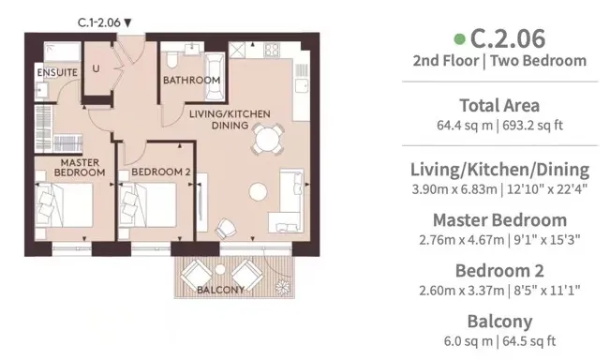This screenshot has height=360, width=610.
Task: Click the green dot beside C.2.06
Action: pyautogui.click(x=459, y=39)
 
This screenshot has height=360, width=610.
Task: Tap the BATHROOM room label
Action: pyautogui.click(x=191, y=81)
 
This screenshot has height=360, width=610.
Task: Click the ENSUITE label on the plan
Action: pyautogui.click(x=57, y=72)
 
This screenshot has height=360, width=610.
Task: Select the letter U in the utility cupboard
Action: pyautogui.click(x=96, y=68)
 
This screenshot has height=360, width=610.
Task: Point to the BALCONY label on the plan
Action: pyautogui.click(x=220, y=290)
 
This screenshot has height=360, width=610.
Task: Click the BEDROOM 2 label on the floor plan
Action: pyautogui.click(x=160, y=172)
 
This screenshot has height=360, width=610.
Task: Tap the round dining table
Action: pyautogui.click(x=267, y=139)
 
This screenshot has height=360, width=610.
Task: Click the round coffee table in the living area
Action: pyautogui.click(x=258, y=192)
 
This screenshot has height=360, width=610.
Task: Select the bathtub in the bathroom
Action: pyautogui.click(x=215, y=77)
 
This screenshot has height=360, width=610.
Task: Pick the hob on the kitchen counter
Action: pyautogui.click(x=272, y=51)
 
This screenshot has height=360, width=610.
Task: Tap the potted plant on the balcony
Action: pyautogui.click(x=283, y=288)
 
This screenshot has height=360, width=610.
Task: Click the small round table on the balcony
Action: pyautogui.click(x=220, y=269)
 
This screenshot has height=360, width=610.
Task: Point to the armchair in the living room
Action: pyautogui.click(x=226, y=229)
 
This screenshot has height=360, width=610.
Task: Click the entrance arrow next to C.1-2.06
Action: pyautogui.click(x=127, y=22)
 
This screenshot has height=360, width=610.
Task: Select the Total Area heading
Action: pyautogui.click(x=499, y=106)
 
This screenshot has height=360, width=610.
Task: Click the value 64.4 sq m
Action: pyautogui.click(x=465, y=126)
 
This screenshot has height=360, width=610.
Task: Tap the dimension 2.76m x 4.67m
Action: pyautogui.click(x=461, y=240)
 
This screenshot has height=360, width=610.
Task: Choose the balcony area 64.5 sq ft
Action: pyautogui.click(x=529, y=341)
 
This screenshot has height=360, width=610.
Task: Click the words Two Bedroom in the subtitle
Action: pyautogui.click(x=538, y=61)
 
